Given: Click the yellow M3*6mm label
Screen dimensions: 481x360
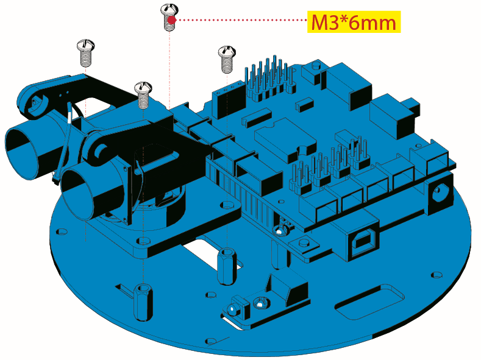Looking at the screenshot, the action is pos(354,22).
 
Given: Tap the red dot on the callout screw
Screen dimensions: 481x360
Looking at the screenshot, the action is pos(171,20).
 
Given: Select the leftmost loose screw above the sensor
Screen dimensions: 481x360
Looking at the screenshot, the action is pos(85,53).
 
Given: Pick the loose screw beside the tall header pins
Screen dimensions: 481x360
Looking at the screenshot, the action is pos(227,60).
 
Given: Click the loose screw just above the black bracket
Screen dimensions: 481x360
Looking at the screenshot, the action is pos(143,95).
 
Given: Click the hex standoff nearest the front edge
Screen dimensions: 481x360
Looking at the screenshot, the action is pos(143,302).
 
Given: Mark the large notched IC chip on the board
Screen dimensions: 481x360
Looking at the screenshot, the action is pos(285,139).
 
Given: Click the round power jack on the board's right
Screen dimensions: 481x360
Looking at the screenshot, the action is pos(439,192).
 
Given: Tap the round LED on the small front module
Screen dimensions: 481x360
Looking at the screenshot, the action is pos(233,309).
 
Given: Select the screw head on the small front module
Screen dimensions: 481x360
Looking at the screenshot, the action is pos(260,303).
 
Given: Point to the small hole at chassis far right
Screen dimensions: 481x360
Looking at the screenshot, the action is pos(436,275).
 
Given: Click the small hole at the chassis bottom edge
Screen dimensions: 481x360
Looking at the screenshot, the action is pos(211,341).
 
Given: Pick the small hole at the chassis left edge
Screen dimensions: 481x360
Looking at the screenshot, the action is pos(62,231).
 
